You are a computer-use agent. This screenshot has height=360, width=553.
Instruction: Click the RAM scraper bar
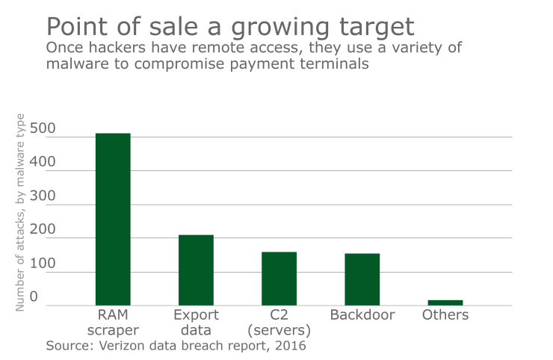pyautogui.click(x=113, y=219)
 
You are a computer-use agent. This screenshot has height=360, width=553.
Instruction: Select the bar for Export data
pyautogui.click(x=196, y=270)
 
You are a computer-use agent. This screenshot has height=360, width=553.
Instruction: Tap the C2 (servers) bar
pyautogui.click(x=279, y=279)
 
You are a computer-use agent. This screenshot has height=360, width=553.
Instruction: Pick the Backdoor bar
pyautogui.click(x=362, y=279)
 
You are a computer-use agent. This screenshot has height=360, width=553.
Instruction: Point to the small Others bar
pyautogui.click(x=445, y=302)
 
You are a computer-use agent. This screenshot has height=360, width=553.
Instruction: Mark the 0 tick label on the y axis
pyautogui.click(x=34, y=297)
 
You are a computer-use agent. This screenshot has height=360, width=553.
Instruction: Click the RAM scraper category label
pyautogui.click(x=114, y=322)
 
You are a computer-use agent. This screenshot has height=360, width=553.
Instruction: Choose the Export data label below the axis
pyautogui.click(x=196, y=322)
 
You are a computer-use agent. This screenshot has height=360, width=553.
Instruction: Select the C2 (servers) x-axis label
pyautogui.click(x=279, y=322)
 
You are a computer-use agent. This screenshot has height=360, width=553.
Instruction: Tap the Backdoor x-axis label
pyautogui.click(x=362, y=314)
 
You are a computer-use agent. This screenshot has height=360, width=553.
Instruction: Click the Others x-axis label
pyautogui.click(x=445, y=314)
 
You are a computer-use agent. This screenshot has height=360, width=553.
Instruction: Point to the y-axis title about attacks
pyautogui.click(x=21, y=212)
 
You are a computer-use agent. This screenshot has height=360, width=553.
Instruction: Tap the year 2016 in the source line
pyautogui.click(x=290, y=346)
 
